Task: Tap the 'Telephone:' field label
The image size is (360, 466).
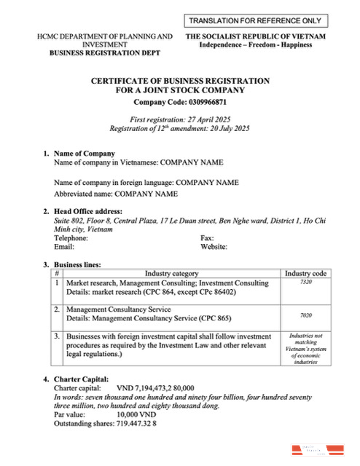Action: pos(71,238)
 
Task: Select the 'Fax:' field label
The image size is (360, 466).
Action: pos(207,238)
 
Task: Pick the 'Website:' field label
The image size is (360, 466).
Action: pos(214,247)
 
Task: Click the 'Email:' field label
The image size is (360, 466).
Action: pos(65,247)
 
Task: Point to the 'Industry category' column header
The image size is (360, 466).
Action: pos(171,273)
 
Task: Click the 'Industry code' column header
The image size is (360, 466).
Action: pos(306,273)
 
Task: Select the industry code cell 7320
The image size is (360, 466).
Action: pos(306,282)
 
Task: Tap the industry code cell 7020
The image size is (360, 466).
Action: pos(306,317)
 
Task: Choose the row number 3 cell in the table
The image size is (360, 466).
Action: pos(58,337)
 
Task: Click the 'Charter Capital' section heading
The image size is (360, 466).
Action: pos(85,379)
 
